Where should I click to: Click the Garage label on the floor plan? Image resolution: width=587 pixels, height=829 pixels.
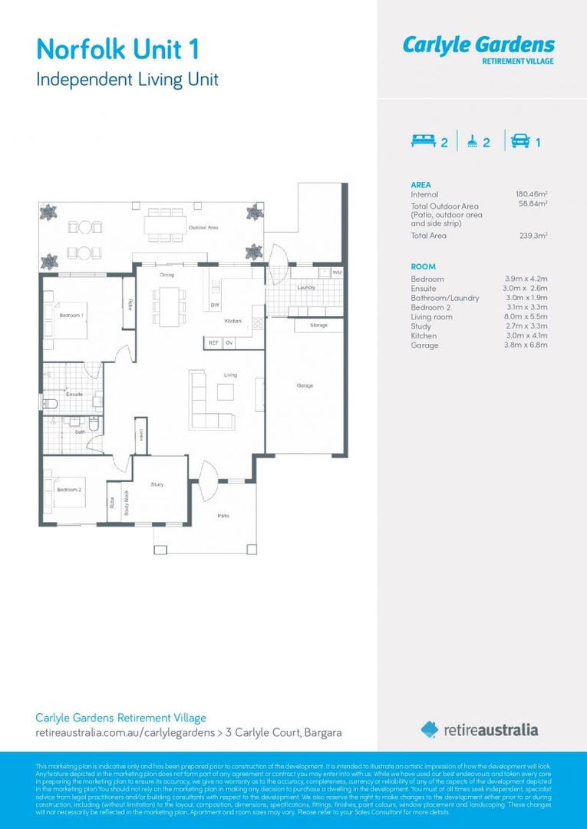305,385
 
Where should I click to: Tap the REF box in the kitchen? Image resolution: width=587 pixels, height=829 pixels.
213,342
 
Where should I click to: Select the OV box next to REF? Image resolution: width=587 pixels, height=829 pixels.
229,342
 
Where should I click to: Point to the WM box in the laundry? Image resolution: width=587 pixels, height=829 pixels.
337,273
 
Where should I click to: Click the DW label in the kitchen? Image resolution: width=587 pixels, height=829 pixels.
215,305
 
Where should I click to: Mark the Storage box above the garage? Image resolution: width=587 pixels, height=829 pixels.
318,325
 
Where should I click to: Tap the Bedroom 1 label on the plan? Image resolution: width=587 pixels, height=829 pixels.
72,315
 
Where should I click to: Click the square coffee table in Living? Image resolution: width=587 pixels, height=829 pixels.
225,392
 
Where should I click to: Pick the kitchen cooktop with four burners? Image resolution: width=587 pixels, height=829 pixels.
257,323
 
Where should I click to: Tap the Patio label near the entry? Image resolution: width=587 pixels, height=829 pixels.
223,516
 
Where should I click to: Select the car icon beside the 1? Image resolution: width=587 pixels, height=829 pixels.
519,141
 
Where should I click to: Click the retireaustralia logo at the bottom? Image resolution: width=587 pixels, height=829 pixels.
480,730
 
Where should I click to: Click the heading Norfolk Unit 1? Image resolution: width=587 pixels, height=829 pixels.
118,50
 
